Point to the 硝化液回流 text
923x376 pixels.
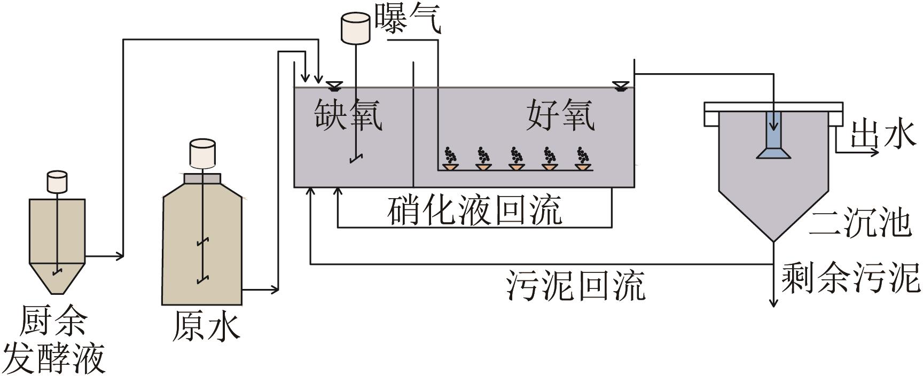pos(475,210)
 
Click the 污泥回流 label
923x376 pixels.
pos(576,284)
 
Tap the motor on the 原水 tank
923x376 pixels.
pos(202,153)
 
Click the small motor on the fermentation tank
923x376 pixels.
pos(57,182)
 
